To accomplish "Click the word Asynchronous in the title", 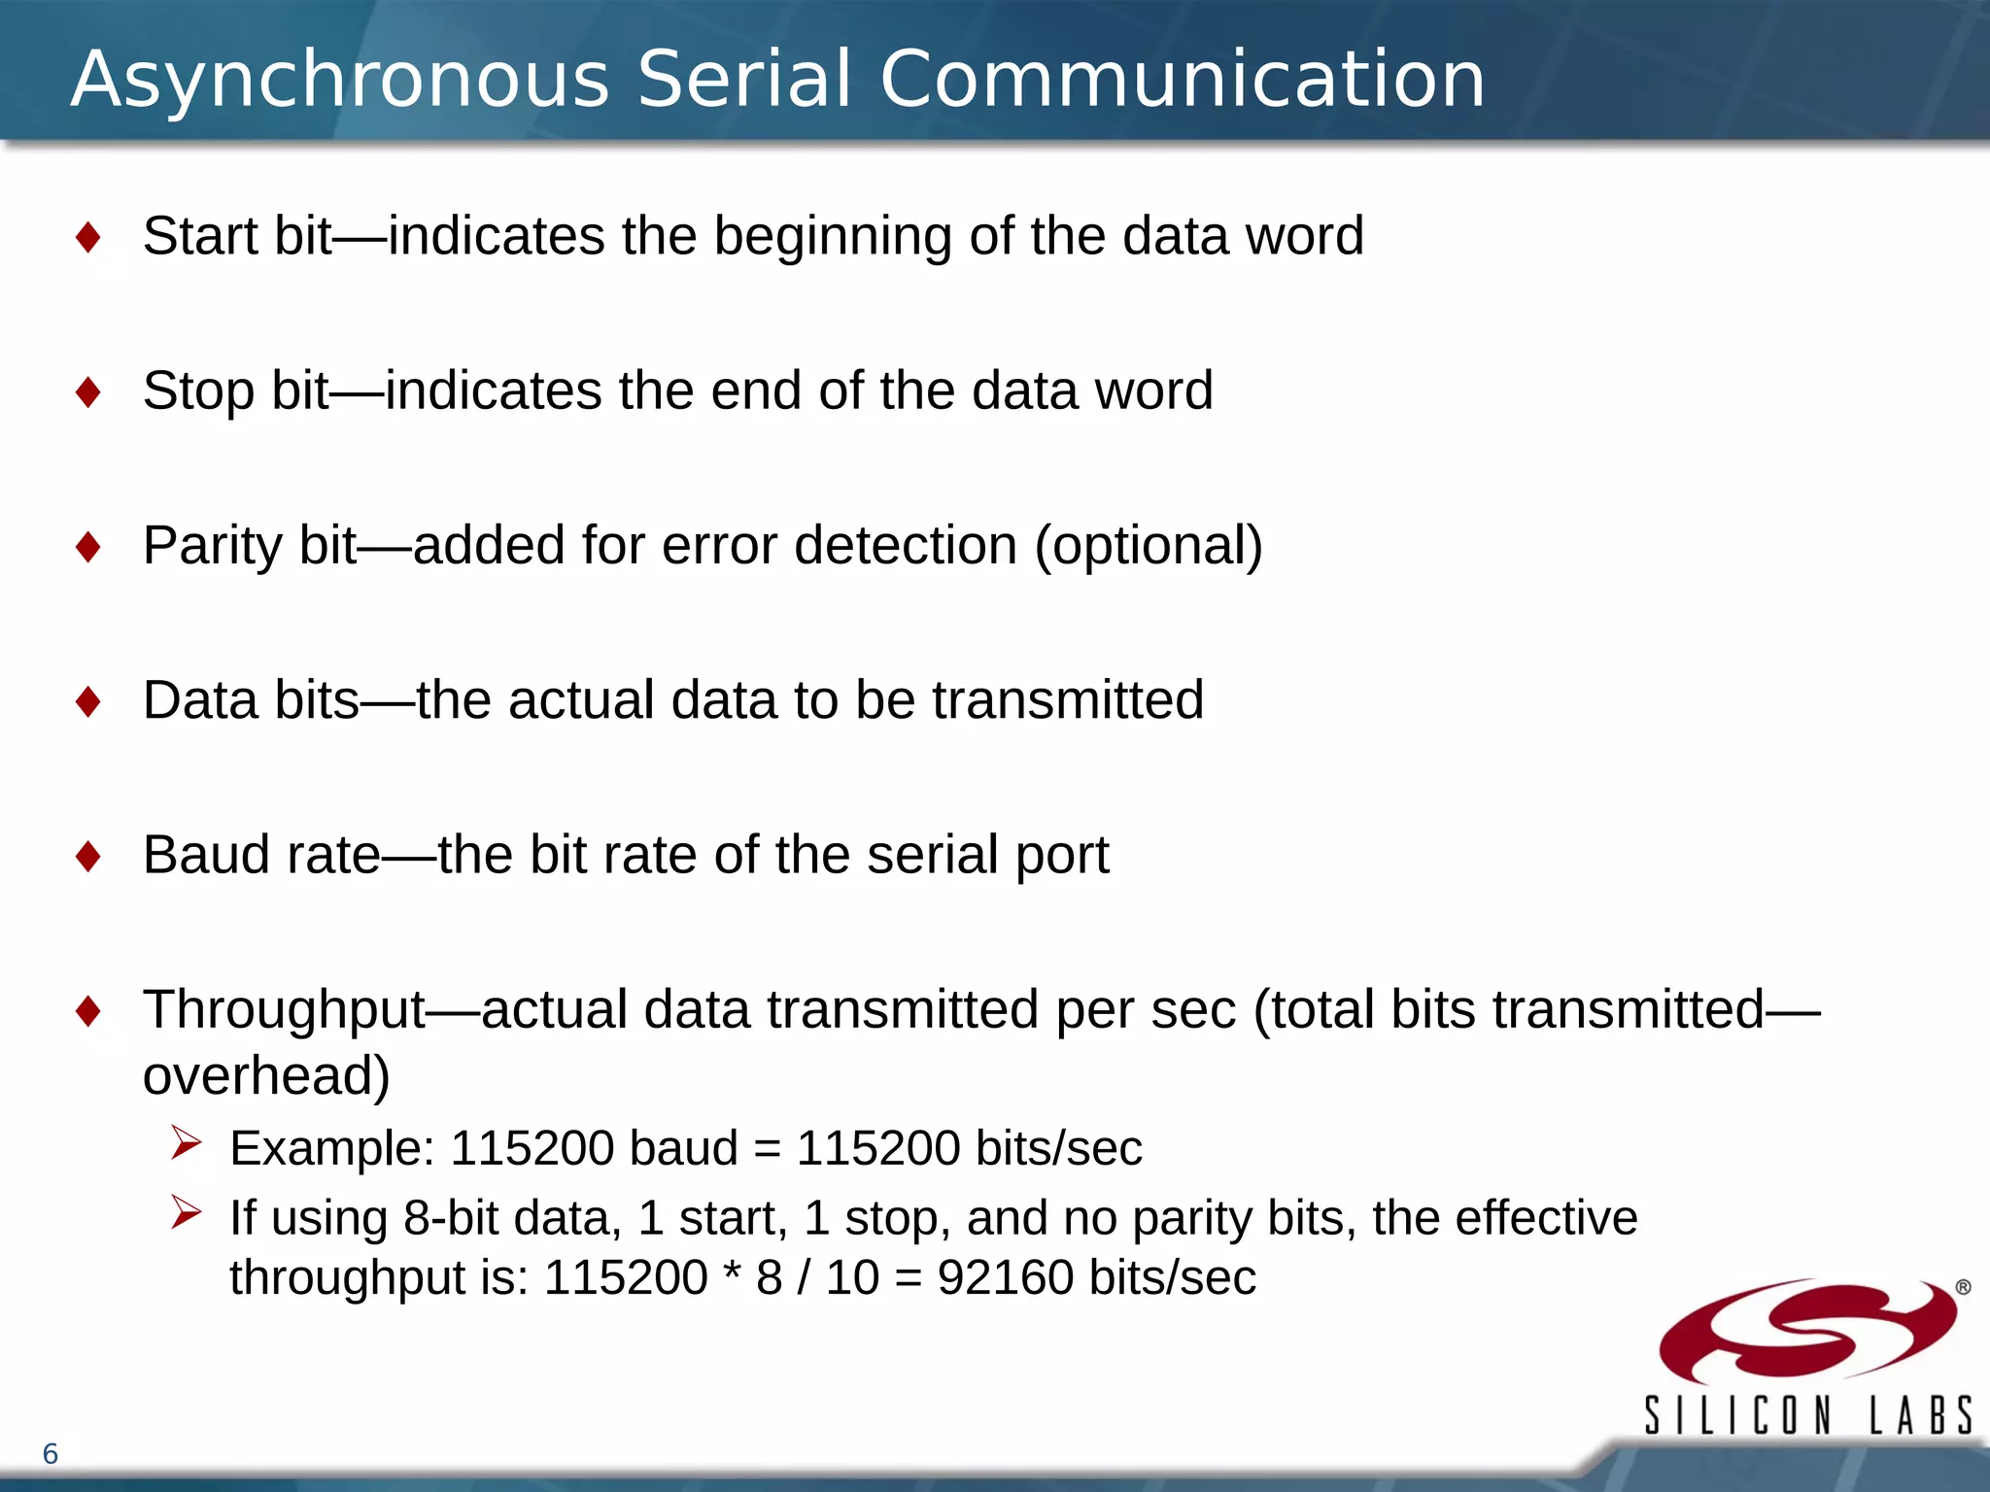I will tap(340, 80).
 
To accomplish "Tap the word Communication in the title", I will tap(1182, 80).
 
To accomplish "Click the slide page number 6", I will tap(51, 1454).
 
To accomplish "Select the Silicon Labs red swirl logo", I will tap(1807, 1331).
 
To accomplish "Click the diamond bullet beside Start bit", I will tap(88, 238).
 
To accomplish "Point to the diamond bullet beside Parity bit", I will tap(88, 547).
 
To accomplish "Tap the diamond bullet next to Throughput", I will tap(88, 1011).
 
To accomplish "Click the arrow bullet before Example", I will tap(186, 1142).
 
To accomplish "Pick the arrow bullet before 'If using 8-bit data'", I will tap(186, 1212).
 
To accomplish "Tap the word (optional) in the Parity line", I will tap(1149, 545).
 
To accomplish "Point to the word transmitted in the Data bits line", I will tap(1068, 699).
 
